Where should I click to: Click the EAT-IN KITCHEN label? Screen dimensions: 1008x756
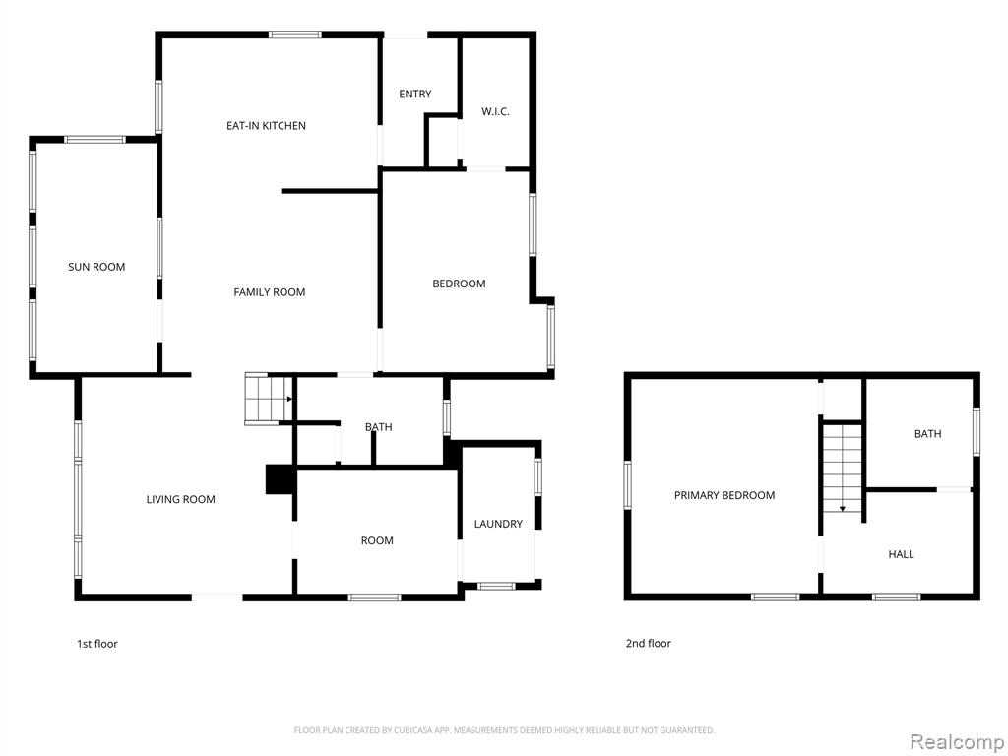266,126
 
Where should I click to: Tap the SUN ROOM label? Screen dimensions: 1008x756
96,267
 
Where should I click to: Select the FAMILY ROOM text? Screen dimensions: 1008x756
270,292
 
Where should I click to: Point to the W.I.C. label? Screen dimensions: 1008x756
496,112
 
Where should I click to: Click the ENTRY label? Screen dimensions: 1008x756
415,94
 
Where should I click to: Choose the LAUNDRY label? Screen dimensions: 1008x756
498,524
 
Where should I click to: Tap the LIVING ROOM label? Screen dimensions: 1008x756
181,499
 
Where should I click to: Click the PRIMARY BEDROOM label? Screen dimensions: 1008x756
724,496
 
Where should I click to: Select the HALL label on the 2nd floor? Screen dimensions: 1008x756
902,555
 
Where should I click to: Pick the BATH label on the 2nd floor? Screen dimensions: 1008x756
927,434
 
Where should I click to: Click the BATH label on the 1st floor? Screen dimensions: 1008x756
379,427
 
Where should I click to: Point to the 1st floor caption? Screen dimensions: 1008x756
97,644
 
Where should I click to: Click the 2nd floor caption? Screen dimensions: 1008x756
649,644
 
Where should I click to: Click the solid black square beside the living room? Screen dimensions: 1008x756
281,479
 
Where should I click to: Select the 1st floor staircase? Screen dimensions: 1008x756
269,399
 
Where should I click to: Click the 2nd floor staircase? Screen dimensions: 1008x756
843,468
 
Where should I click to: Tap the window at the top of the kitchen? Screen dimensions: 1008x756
295,34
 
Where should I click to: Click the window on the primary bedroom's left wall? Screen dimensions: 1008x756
628,485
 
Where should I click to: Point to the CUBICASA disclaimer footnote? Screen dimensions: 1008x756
505,731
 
